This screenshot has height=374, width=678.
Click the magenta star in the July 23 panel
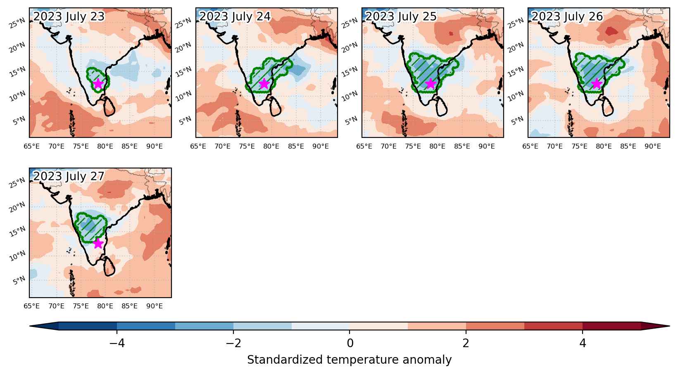click(98, 83)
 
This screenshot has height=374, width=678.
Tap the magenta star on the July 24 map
click(264, 83)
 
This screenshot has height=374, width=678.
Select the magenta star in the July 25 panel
click(431, 83)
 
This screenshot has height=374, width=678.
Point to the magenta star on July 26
click(596, 83)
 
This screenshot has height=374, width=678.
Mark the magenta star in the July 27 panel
click(98, 243)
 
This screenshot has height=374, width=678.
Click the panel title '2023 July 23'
click(69, 17)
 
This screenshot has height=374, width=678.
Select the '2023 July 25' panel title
click(401, 17)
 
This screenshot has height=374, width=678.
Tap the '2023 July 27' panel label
click(69, 176)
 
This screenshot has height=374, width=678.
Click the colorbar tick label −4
click(117, 343)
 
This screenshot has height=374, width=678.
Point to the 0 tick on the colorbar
click(350, 343)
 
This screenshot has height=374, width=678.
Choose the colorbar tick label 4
click(583, 343)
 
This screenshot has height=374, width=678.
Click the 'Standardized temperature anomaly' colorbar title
click(349, 360)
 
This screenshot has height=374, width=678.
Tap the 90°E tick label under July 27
click(155, 306)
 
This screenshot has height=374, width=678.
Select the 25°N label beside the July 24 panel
click(184, 23)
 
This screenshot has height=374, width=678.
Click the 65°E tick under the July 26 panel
click(530, 146)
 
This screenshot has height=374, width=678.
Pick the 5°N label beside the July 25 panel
click(352, 121)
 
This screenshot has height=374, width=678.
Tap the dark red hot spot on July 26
click(611, 31)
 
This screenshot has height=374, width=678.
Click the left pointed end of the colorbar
click(30, 326)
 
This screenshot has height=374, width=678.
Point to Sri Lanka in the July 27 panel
click(109, 266)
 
